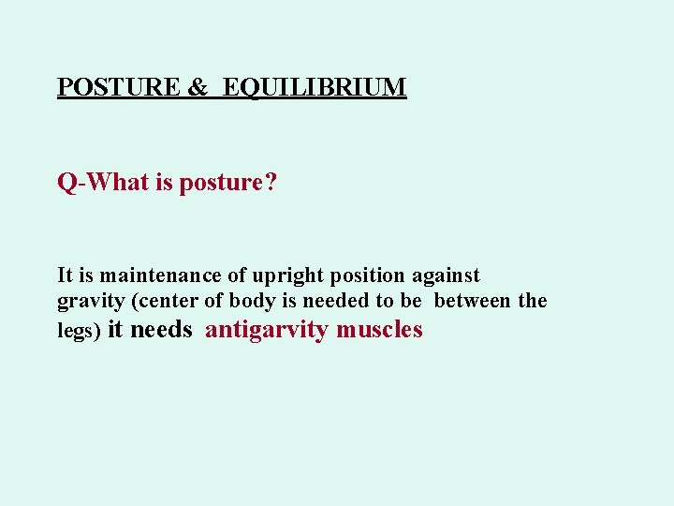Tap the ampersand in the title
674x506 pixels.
(x=198, y=88)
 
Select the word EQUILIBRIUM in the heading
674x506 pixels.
(x=315, y=88)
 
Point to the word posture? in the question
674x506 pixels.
(x=230, y=183)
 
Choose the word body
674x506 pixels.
(x=253, y=301)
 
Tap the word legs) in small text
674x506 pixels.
(x=79, y=332)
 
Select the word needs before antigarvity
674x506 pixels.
(x=162, y=330)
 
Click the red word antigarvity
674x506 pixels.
(x=266, y=331)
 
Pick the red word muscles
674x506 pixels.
(x=379, y=330)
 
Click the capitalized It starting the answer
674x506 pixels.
(x=66, y=275)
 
